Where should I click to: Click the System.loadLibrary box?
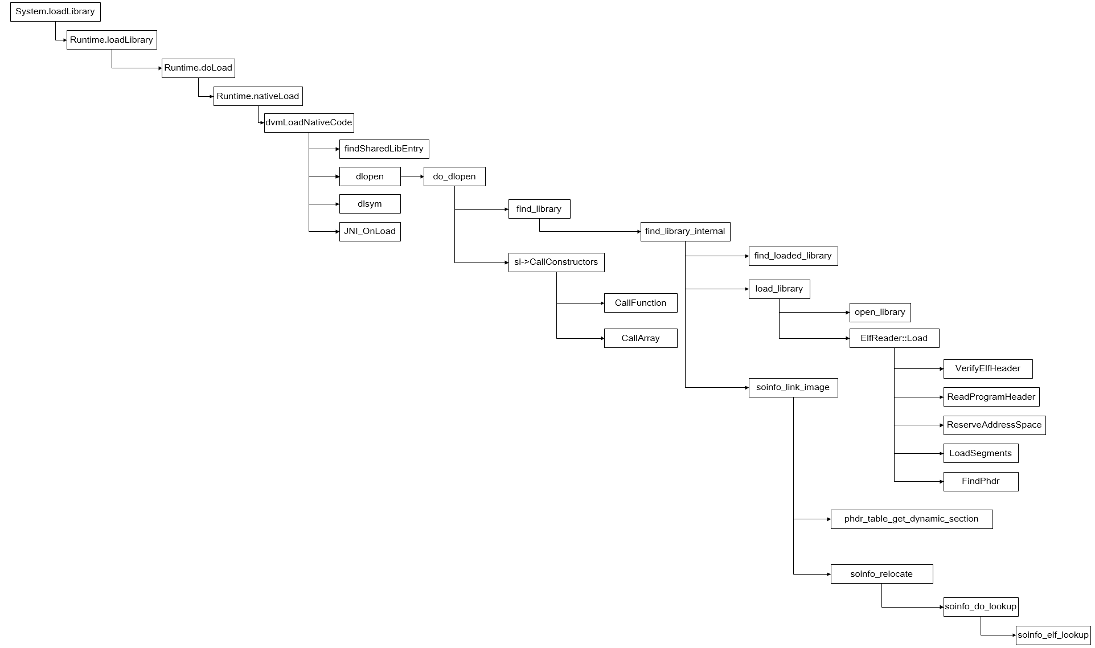55,12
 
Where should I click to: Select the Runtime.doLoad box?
198,68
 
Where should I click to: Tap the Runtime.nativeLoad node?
257,96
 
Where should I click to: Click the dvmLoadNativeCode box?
309,123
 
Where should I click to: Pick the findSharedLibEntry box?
384,149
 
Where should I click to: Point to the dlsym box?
370,204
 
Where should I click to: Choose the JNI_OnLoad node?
370,232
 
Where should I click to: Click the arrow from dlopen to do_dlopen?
412,177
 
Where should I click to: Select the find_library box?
539,209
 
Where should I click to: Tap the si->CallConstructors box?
556,263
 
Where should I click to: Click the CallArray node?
640,338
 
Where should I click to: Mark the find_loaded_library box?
793,256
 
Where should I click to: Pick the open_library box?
880,313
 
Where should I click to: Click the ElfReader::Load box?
894,339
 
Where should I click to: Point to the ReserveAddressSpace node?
994,425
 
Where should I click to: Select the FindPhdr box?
981,482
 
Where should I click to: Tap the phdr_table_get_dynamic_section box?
911,519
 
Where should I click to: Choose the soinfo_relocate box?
881,574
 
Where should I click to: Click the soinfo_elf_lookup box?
1053,635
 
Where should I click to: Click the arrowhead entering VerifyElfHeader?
941,369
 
